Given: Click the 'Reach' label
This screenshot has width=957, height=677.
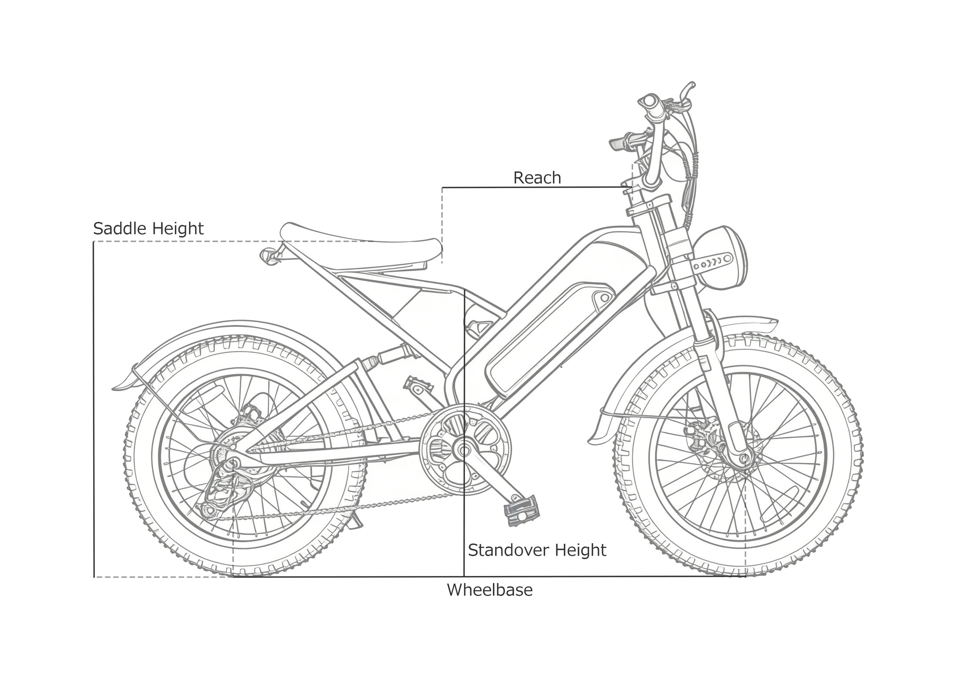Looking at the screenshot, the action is (537, 178).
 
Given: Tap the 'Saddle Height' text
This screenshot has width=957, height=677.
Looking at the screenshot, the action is (148, 229).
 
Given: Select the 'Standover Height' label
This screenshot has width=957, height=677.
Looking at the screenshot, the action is (537, 550).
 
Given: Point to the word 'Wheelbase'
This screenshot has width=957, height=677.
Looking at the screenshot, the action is (490, 590).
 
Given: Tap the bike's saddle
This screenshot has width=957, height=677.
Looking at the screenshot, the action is (361, 247).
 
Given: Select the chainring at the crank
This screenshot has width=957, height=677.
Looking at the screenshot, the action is (465, 449).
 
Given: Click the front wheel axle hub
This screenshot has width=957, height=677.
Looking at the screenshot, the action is (744, 458).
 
